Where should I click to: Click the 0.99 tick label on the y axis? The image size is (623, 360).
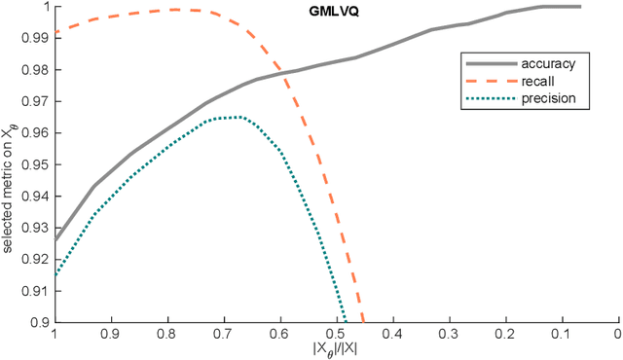point(36,38)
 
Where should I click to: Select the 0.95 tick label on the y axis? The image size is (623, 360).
point(36,164)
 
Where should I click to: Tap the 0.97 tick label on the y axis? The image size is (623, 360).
point(36,101)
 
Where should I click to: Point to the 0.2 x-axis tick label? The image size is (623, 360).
point(505,333)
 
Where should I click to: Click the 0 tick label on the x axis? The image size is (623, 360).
point(617,333)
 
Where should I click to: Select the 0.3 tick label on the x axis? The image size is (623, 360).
point(449,333)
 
